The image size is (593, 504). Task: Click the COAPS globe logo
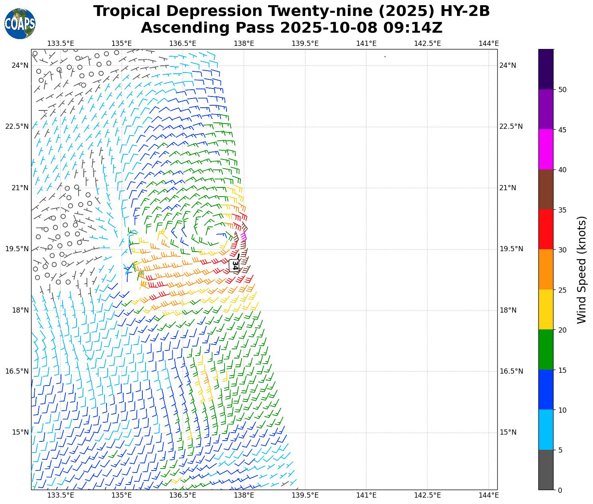20,24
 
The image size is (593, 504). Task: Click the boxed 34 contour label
234,266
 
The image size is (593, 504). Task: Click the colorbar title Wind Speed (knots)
582,270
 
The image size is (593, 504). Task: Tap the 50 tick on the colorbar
562,90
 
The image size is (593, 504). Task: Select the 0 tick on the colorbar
560,490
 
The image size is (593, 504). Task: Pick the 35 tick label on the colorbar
562,210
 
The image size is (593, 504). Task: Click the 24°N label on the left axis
20,65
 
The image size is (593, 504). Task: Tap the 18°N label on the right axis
508,310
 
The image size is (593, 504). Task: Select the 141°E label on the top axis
366,43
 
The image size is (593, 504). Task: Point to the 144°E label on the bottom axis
489,495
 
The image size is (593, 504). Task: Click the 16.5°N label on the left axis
17,371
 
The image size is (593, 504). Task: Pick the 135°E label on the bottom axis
121,495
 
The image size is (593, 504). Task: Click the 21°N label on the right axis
508,188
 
